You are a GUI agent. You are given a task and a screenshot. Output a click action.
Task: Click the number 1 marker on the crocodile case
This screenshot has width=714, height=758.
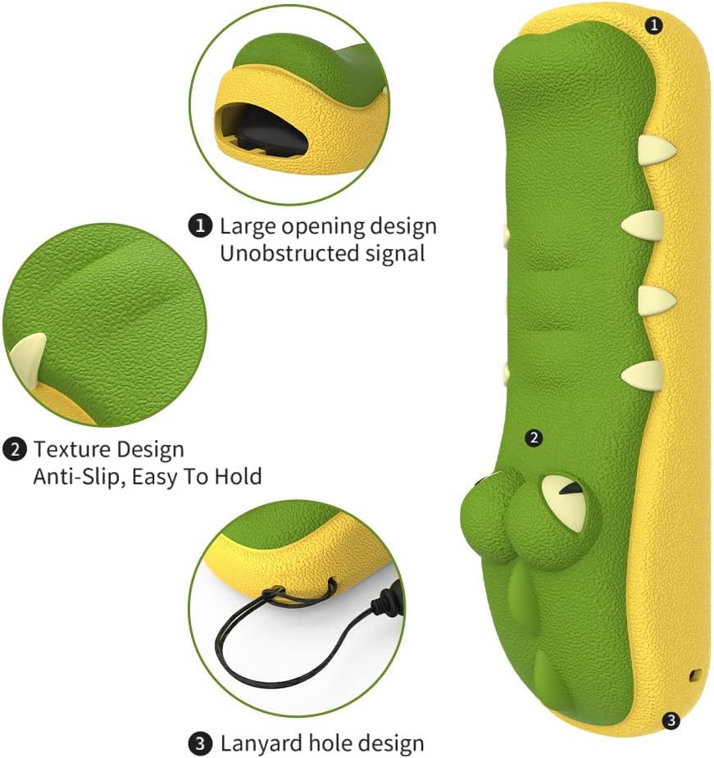654,25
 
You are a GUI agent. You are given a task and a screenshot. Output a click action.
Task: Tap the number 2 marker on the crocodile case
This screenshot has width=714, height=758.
534,438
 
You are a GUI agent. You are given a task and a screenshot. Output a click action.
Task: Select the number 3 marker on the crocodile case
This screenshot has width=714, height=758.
671,721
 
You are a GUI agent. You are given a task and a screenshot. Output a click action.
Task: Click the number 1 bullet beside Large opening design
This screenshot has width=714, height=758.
200,225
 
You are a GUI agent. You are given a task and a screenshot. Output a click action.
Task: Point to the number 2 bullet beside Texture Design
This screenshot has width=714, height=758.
15,450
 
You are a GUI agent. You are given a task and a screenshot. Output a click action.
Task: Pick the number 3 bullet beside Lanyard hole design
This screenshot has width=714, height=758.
200,743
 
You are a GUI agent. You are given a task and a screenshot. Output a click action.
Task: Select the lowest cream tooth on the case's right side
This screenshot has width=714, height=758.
641,375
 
